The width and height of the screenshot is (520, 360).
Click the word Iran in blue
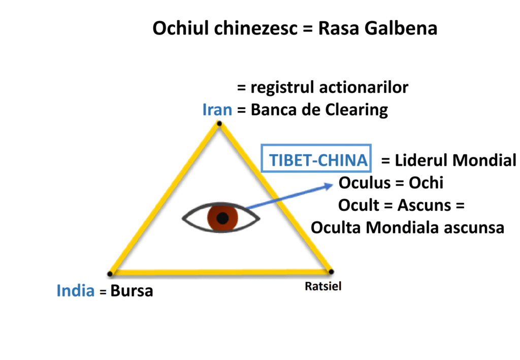point(217,110)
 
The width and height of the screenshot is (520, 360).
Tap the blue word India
point(76,291)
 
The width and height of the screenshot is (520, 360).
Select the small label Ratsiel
point(323,286)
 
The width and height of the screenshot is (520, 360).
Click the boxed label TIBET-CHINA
point(318,160)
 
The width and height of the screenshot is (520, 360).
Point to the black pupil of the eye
point(222,218)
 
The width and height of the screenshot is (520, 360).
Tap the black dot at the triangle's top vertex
point(219,123)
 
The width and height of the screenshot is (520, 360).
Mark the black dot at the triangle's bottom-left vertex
point(110,274)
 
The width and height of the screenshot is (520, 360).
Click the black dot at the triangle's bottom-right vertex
point(331,271)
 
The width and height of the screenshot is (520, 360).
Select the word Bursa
point(132,291)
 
